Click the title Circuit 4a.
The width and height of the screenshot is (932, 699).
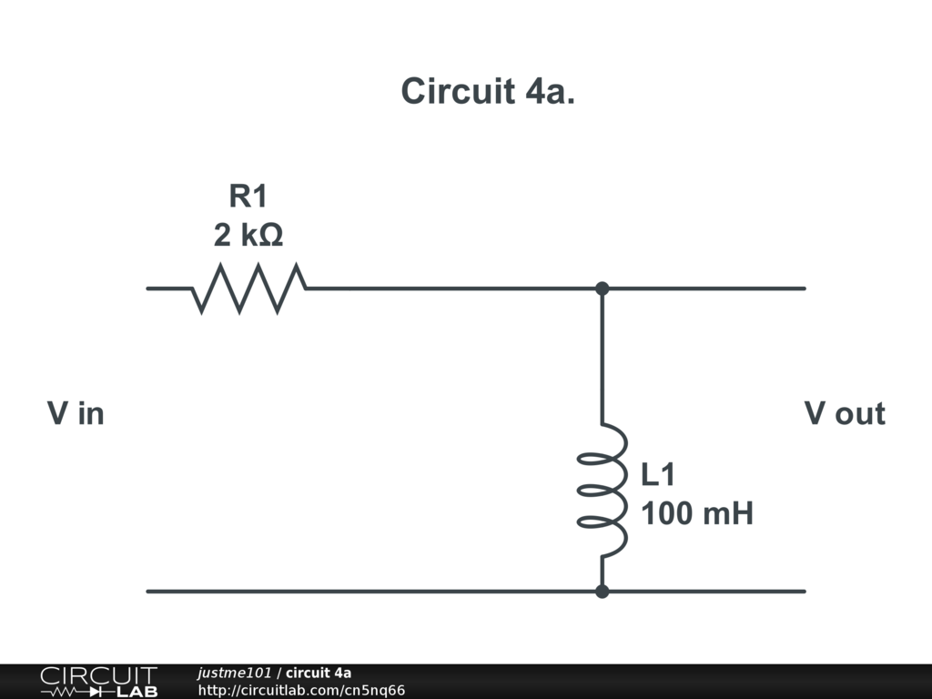(x=488, y=92)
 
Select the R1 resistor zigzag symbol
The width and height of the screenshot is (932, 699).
(x=248, y=289)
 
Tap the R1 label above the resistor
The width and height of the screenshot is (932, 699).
(x=248, y=196)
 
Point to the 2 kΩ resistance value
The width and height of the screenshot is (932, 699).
(x=248, y=236)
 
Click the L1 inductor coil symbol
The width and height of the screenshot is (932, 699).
(x=603, y=491)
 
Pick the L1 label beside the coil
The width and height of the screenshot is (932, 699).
(x=658, y=475)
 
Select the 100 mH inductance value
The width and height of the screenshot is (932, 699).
(x=697, y=514)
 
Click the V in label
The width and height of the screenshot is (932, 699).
(x=76, y=414)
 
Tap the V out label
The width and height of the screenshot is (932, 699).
(x=844, y=414)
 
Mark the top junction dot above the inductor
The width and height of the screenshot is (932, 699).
(x=602, y=289)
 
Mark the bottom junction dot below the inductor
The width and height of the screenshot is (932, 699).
(x=602, y=592)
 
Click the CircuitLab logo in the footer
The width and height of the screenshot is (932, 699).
(x=98, y=682)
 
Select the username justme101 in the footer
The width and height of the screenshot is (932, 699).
(x=234, y=674)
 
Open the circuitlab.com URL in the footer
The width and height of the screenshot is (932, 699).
(x=301, y=691)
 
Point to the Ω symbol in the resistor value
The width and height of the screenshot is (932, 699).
(x=270, y=236)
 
